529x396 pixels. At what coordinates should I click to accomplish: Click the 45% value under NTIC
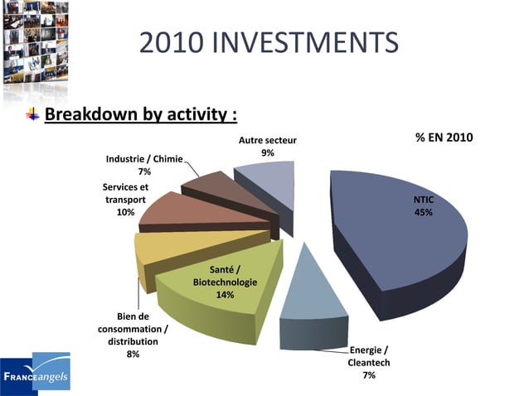[x=423, y=212]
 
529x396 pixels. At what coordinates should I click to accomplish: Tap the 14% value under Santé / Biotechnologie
[x=225, y=295]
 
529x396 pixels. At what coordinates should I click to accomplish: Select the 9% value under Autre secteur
[x=268, y=152]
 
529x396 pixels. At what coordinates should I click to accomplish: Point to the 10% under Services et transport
[x=125, y=212]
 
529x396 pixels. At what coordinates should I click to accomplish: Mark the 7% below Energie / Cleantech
[x=369, y=375]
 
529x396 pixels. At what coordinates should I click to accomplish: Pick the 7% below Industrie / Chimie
[x=144, y=171]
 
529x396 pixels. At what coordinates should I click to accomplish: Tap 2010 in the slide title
[x=169, y=41]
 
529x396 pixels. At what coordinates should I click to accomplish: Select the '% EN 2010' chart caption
[x=444, y=137]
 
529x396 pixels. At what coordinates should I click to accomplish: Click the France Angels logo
[x=36, y=374]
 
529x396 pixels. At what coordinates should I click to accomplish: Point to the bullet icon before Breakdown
[x=32, y=113]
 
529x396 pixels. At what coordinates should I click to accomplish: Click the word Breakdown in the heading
[x=93, y=113]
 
